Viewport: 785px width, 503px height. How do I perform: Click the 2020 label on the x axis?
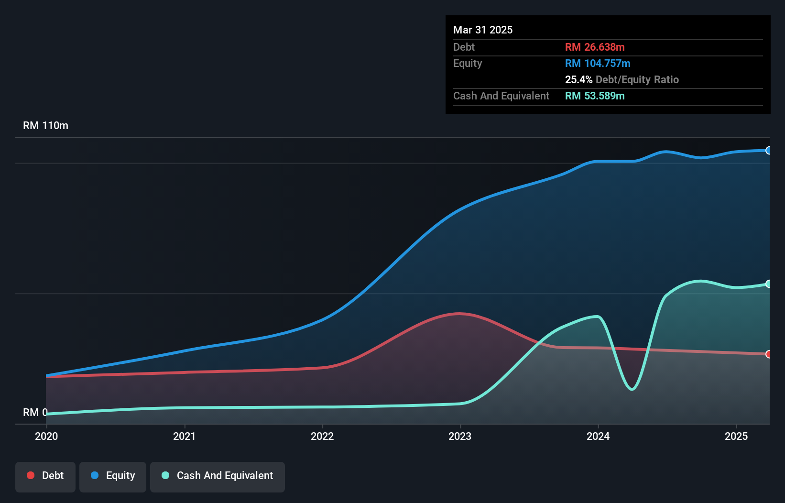click(x=46, y=436)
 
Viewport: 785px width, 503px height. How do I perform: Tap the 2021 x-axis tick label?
click(x=185, y=436)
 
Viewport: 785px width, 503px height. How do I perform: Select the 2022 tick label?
click(x=322, y=436)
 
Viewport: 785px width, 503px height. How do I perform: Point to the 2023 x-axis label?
click(x=460, y=436)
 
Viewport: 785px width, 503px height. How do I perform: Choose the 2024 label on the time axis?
click(x=598, y=436)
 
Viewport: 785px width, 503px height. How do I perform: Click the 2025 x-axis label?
click(x=736, y=436)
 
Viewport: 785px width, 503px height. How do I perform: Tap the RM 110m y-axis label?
click(x=45, y=126)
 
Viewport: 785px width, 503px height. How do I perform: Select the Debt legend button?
click(x=45, y=476)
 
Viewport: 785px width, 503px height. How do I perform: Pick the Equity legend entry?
click(x=113, y=476)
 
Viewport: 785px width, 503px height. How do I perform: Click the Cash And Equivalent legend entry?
click(x=218, y=476)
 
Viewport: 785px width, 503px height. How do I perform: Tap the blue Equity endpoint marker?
click(x=768, y=151)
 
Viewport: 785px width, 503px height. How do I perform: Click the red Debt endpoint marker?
click(x=768, y=354)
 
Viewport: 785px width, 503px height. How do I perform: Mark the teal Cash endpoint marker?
click(x=768, y=284)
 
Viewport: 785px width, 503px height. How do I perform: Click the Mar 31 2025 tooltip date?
click(x=483, y=30)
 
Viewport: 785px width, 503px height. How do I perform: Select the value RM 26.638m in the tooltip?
click(x=595, y=47)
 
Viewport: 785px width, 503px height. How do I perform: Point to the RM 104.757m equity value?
click(x=598, y=63)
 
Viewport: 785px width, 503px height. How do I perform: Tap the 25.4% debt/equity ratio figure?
click(x=578, y=79)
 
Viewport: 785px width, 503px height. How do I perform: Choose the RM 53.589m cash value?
click(x=595, y=96)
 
